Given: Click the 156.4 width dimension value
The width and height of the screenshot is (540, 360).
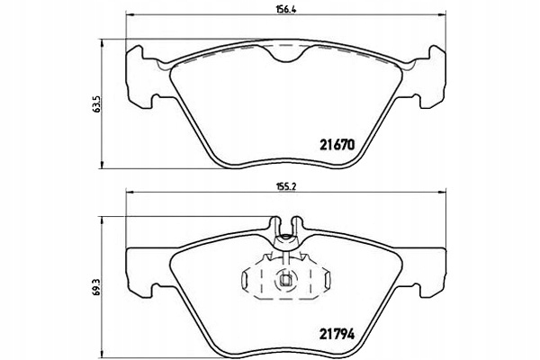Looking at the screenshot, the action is (x=286, y=9).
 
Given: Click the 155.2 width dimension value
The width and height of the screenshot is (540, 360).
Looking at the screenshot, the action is (x=286, y=186).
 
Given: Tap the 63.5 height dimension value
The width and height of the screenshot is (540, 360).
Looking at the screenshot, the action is (x=97, y=104).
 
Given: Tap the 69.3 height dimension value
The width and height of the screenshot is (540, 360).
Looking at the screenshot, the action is (x=97, y=286).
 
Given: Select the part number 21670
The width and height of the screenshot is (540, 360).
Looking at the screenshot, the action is (x=337, y=145).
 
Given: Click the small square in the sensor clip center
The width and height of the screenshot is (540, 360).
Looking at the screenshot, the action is (x=285, y=281).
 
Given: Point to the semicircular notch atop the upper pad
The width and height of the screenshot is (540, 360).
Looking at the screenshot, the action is (x=285, y=56).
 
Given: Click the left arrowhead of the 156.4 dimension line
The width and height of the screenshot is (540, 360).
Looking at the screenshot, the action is (x=130, y=14).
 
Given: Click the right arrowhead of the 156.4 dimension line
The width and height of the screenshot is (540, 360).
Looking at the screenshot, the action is (x=443, y=14).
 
